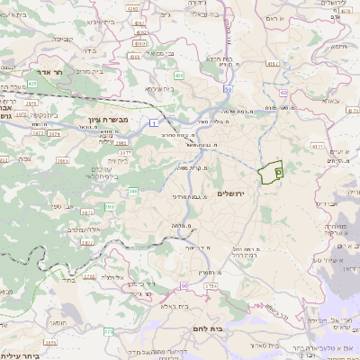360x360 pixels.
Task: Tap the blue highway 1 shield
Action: click(154, 121)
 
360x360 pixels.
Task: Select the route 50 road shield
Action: click(229, 89)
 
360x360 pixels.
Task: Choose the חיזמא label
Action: click(338, 46)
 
